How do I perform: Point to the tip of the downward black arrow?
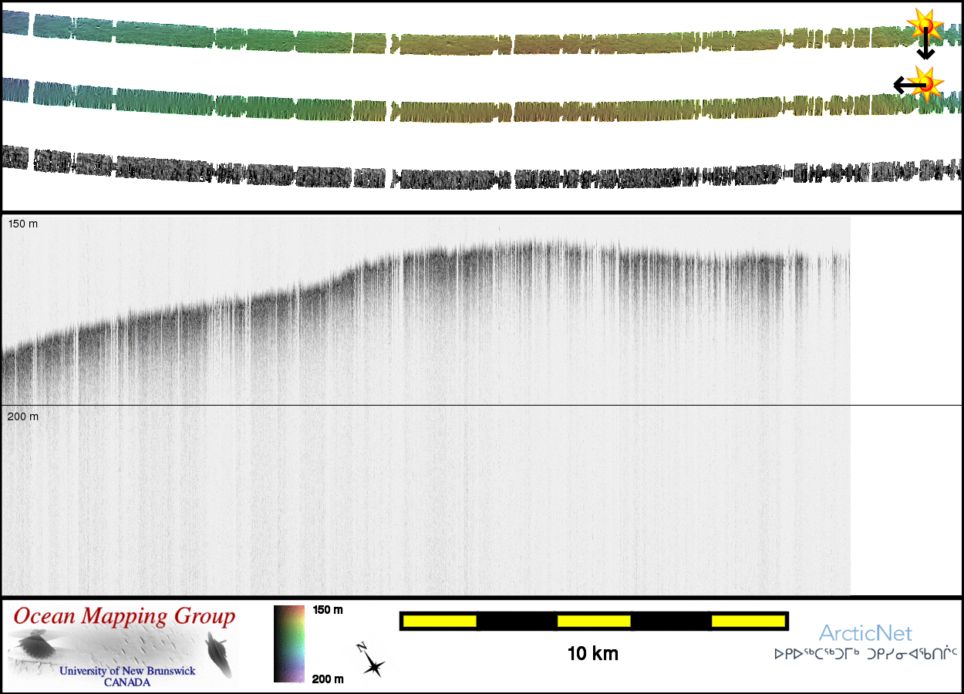925,58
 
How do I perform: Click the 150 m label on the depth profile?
22,224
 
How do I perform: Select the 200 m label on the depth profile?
22,417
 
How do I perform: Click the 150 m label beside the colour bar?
328,610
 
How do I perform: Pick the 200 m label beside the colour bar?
328,679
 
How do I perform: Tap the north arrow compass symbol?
372,662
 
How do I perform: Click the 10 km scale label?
592,655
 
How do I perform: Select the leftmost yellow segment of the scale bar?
440,621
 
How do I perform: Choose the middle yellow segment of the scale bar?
594,621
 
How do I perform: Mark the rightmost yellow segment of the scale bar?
748,621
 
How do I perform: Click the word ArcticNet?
865,634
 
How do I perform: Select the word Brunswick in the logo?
163,671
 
